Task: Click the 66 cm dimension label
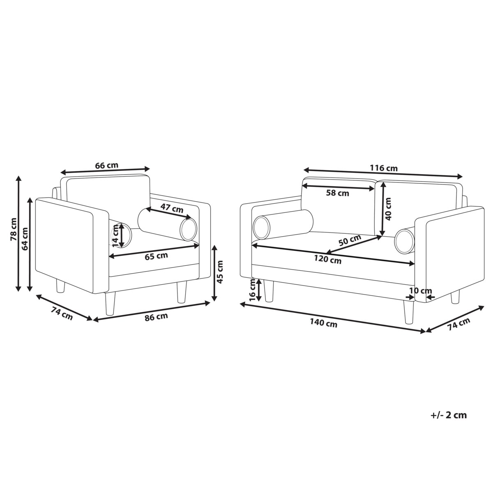pyautogui.click(x=107, y=165)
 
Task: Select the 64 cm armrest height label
pyautogui.click(x=25, y=239)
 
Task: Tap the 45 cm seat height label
pyautogui.click(x=220, y=272)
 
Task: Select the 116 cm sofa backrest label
pyautogui.click(x=384, y=168)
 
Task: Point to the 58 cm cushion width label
pyautogui.click(x=337, y=193)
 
